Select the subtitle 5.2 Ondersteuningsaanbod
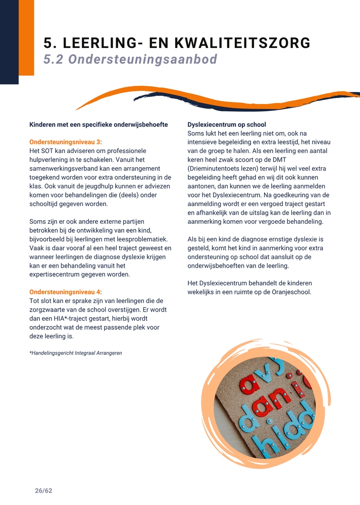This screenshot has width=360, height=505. pos(130,60)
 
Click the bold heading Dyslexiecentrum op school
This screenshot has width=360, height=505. pos(227,124)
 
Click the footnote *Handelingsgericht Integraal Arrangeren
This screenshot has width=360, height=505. pos(76,353)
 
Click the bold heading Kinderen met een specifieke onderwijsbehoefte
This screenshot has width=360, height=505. pos(98,124)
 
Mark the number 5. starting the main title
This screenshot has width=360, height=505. pos(49,43)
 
